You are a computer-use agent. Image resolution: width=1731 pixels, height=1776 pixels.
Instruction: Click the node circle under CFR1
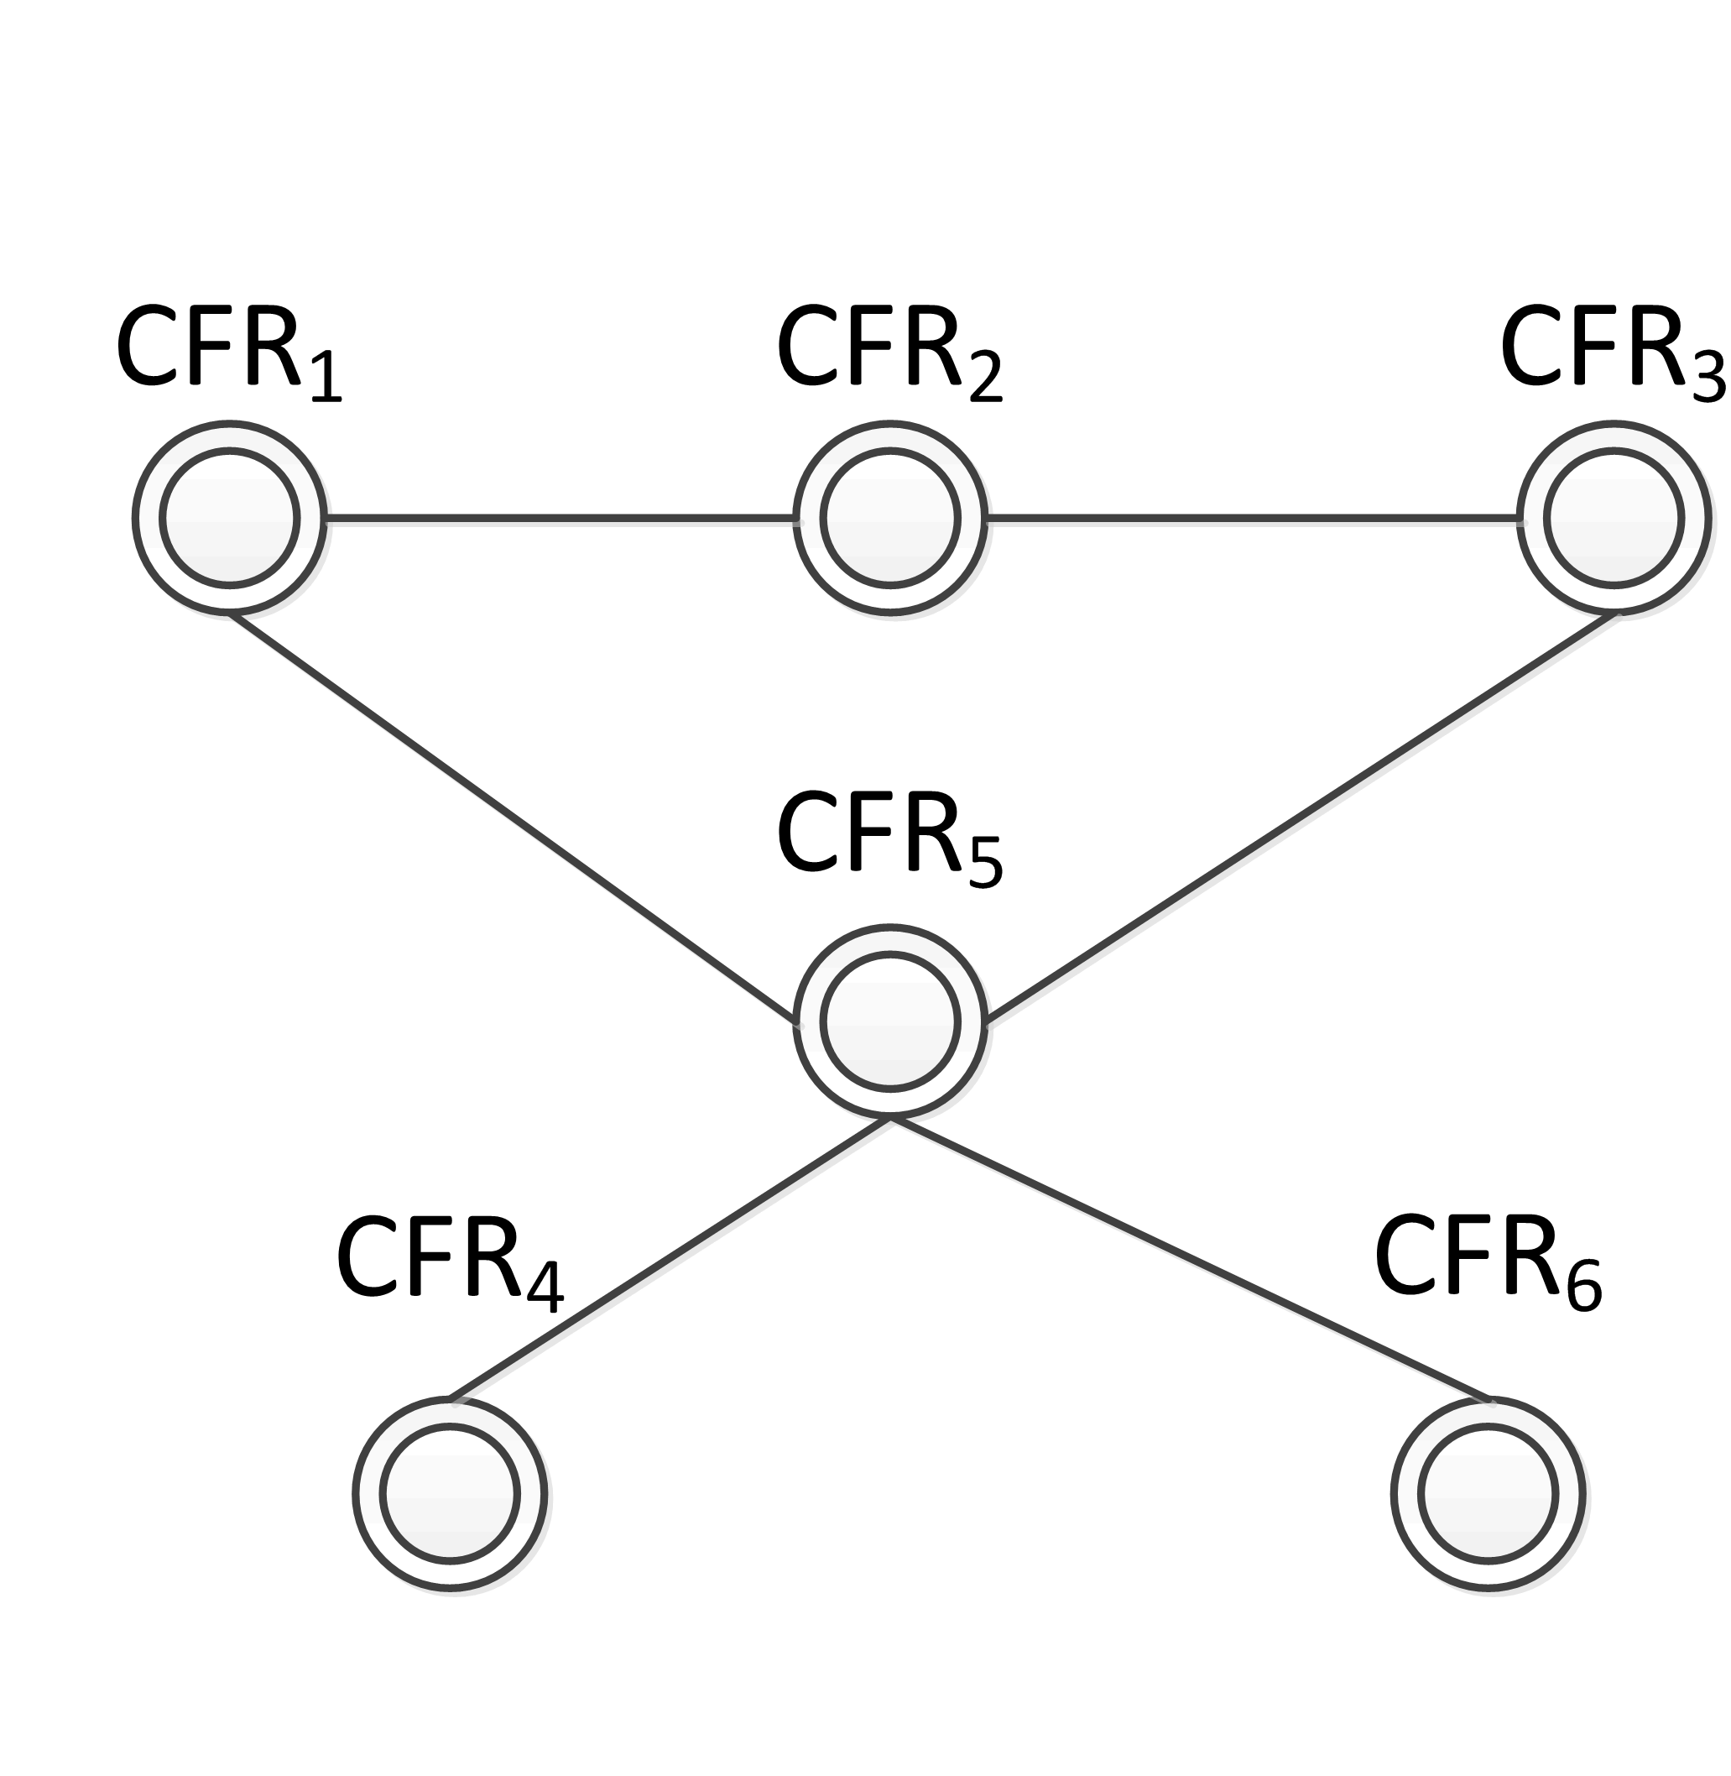229,519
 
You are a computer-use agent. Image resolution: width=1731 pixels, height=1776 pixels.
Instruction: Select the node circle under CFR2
890,519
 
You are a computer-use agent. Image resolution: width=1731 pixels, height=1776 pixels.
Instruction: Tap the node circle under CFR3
1614,519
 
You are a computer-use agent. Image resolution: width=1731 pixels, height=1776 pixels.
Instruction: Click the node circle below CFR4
450,1493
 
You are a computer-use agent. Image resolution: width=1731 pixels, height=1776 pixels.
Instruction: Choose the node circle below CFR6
1489,1493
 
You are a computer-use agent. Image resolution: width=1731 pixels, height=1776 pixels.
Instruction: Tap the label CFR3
1611,353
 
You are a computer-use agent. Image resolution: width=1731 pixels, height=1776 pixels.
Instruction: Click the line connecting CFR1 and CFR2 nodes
559,519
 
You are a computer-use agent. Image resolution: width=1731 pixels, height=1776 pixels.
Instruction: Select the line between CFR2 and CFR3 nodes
1252,519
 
